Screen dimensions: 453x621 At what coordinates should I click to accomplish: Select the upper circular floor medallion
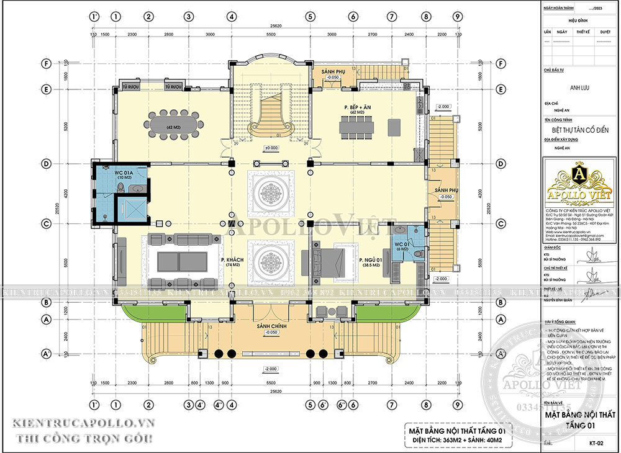point(271,191)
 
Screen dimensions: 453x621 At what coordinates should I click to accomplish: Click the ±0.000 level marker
point(271,148)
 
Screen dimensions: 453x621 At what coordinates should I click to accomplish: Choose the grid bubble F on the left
point(47,63)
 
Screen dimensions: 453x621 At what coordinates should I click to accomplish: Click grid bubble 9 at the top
point(456,16)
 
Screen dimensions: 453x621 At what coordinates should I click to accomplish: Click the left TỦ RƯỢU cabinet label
point(130,86)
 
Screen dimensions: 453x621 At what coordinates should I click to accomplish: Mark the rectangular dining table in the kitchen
point(356,128)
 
